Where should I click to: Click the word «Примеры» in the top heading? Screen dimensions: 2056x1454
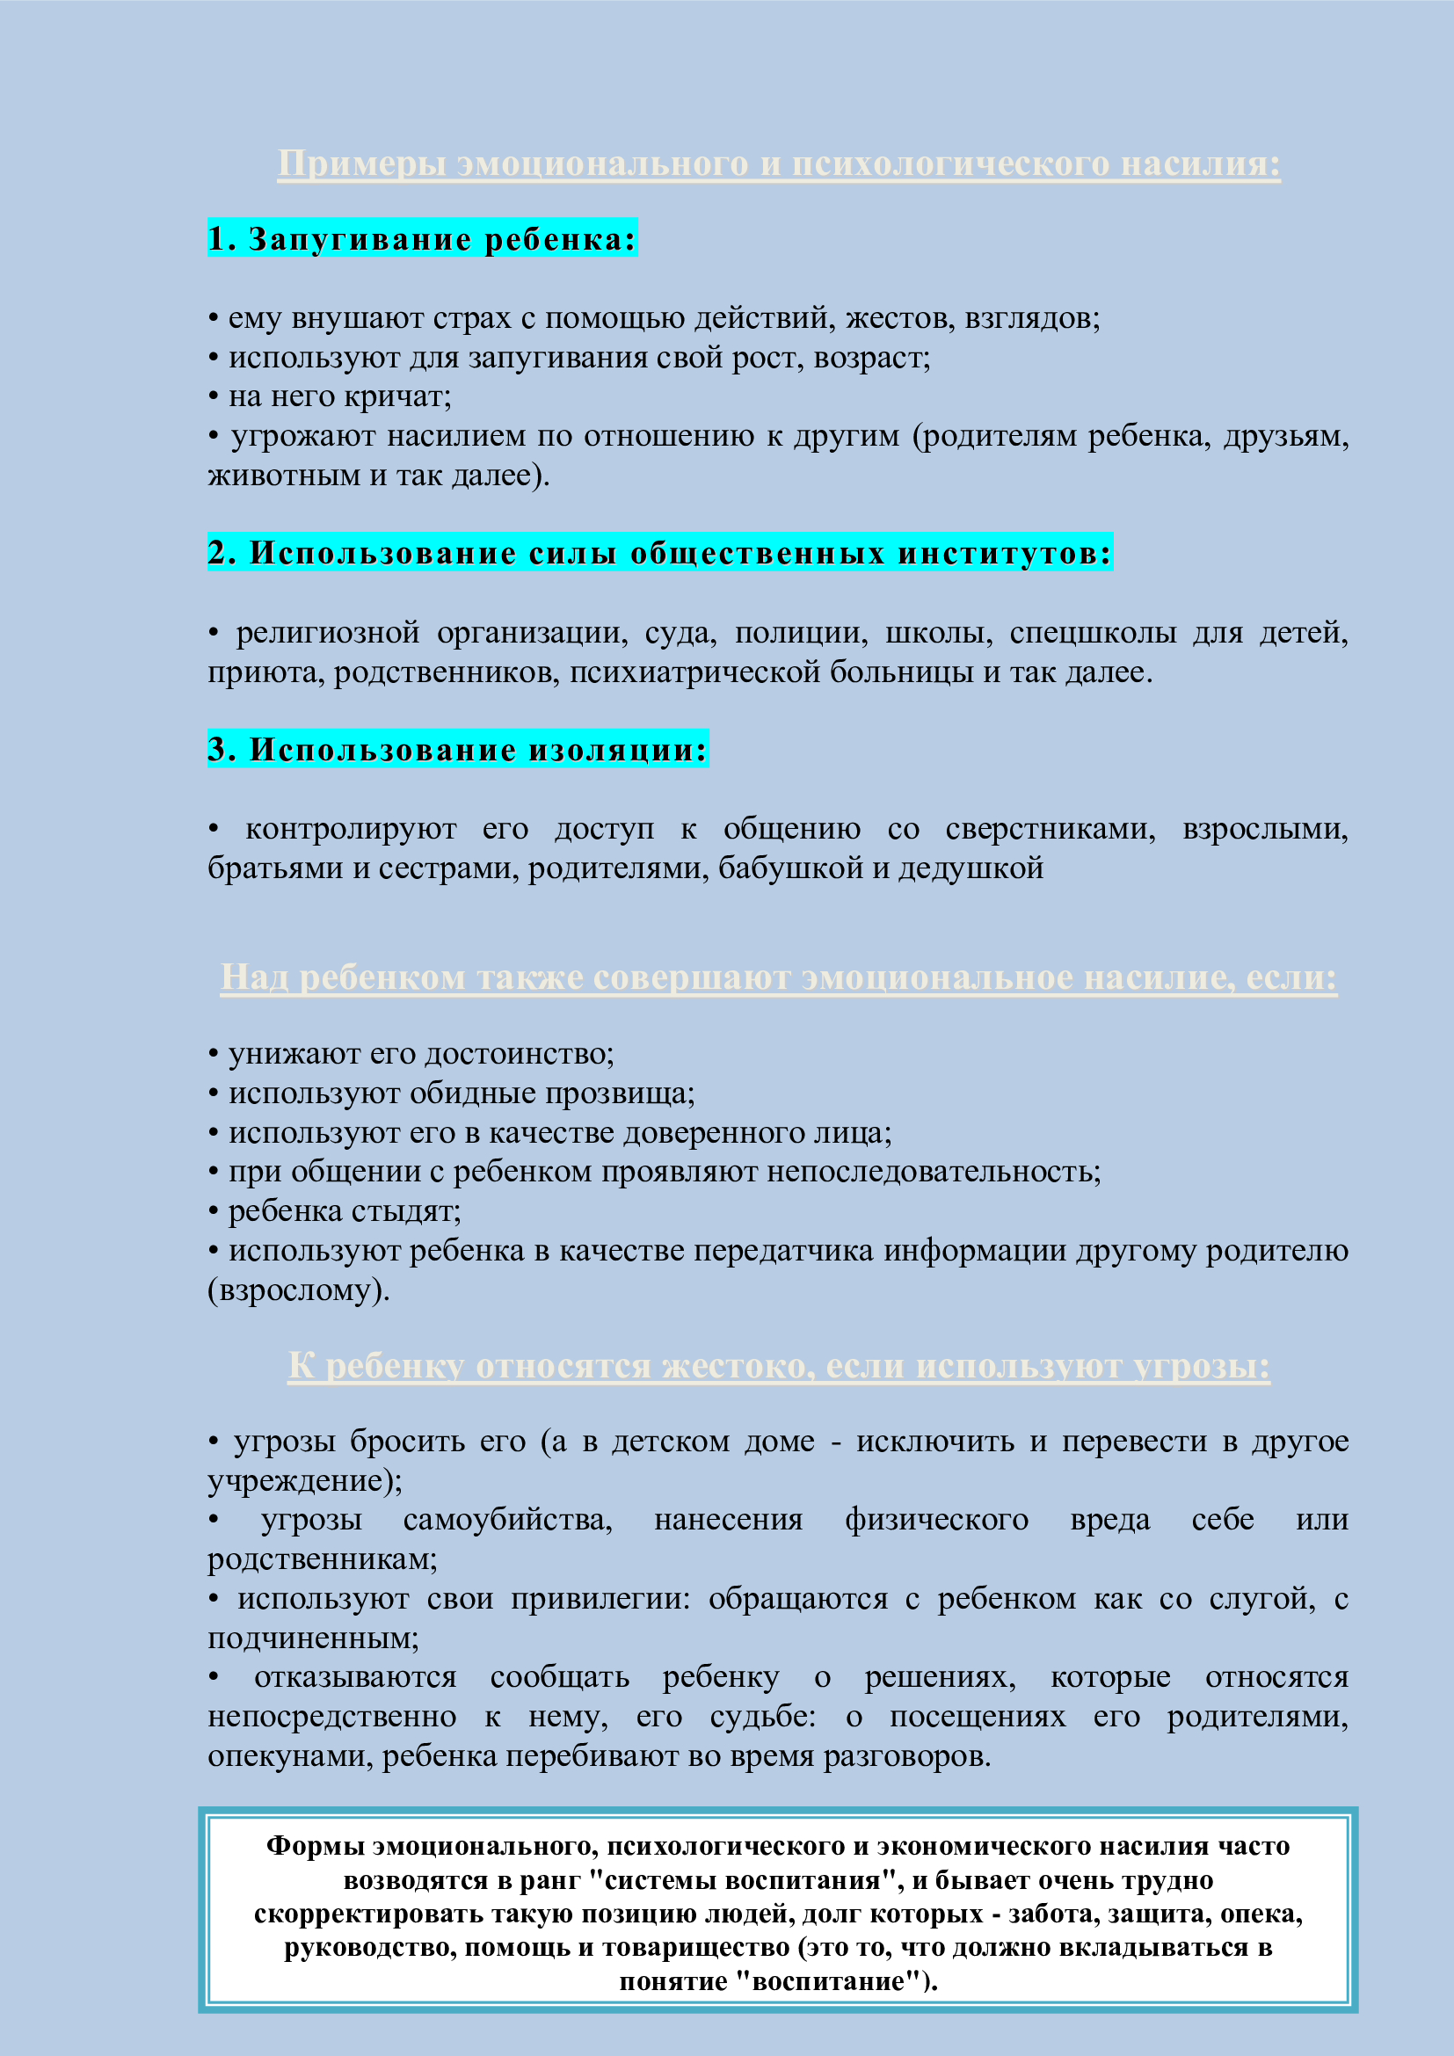pyautogui.click(x=361, y=163)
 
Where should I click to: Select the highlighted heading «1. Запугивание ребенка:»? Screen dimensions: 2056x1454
pyautogui.click(x=422, y=239)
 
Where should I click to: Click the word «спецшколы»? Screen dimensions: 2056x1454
pyautogui.click(x=1093, y=632)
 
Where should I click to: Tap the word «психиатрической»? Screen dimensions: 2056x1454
pyautogui.click(x=694, y=672)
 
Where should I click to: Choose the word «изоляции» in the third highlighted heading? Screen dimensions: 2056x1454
pyautogui.click(x=618, y=750)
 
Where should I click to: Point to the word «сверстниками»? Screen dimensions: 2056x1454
pyautogui.click(x=1050, y=828)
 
